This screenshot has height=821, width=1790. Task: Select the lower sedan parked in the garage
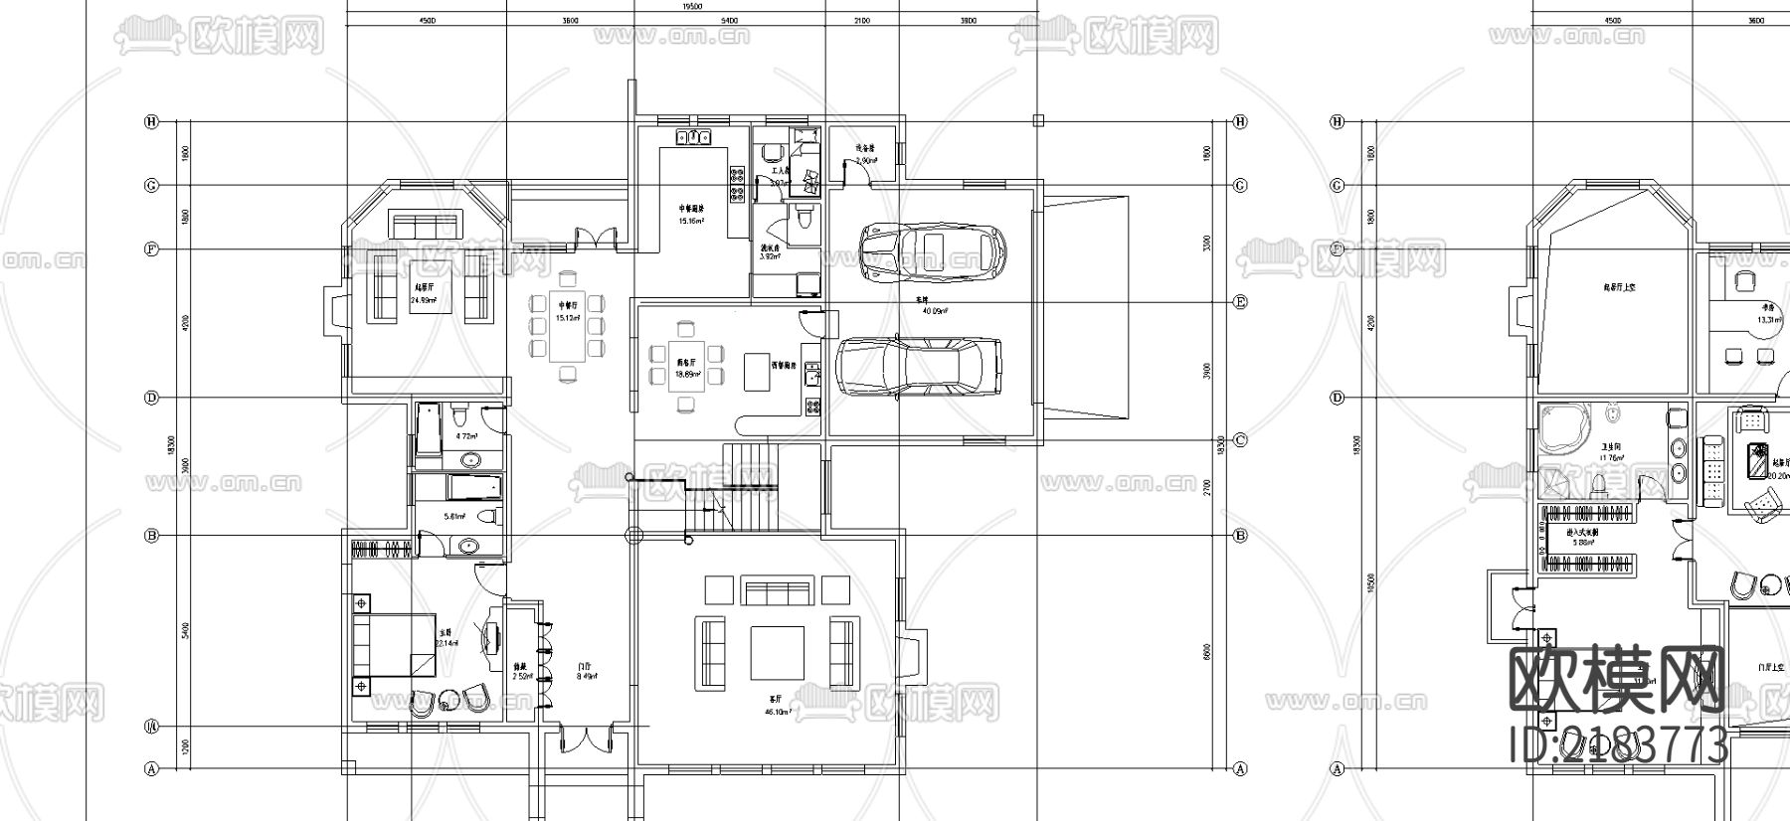(918, 366)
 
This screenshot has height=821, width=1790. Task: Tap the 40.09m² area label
(935, 310)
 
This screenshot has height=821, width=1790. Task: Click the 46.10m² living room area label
(778, 712)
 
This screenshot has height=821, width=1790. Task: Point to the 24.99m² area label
(424, 299)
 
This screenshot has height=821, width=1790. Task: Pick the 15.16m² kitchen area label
(691, 221)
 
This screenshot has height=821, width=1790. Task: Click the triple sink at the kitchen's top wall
(692, 137)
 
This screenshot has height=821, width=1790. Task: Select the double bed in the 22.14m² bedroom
(393, 644)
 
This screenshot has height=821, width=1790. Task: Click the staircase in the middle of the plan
(749, 487)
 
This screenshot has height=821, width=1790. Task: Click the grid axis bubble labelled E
(1240, 302)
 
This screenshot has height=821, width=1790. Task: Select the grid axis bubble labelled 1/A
(152, 727)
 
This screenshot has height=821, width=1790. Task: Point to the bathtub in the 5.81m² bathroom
(471, 487)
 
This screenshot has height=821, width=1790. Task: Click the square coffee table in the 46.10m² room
(777, 651)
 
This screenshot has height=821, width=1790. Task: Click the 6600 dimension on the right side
(1207, 652)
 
